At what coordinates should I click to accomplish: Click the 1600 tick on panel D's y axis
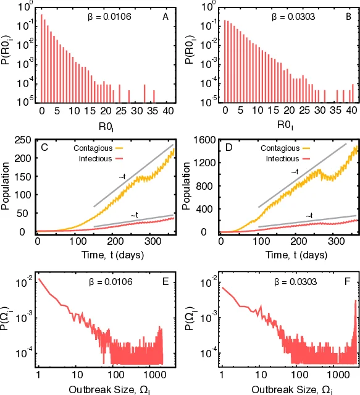point(204,140)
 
